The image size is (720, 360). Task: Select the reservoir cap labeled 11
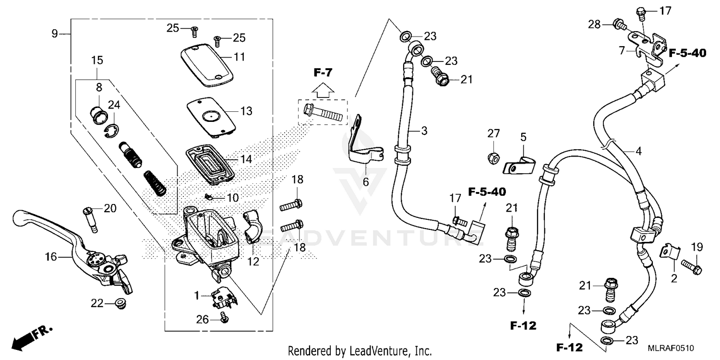tap(206, 66)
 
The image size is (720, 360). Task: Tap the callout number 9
tap(55, 34)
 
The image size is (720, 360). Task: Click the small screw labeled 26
tap(223, 317)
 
